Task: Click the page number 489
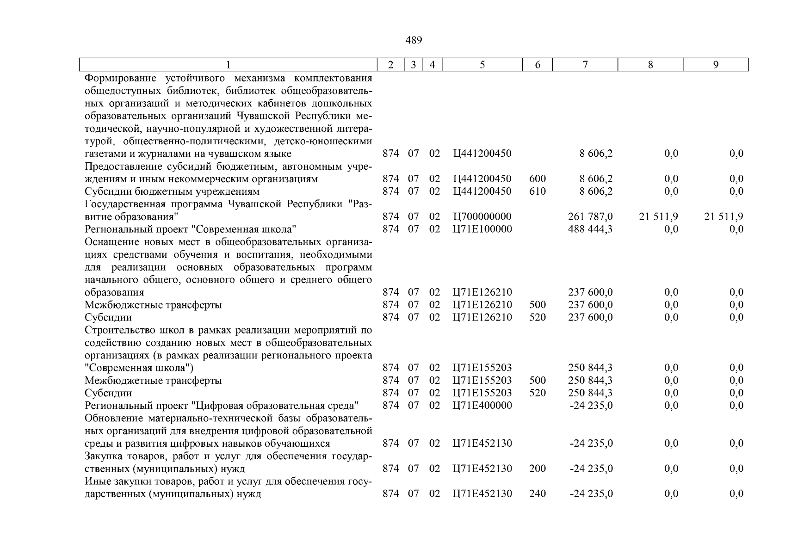pyautogui.click(x=414, y=41)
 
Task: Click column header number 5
pyautogui.click(x=482, y=65)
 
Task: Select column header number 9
pyautogui.click(x=715, y=65)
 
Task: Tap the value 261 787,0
pyautogui.click(x=590, y=216)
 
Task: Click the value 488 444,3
pyautogui.click(x=590, y=229)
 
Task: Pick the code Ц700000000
pyautogui.click(x=482, y=216)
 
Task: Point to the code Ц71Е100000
pyautogui.click(x=482, y=229)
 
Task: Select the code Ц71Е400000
pyautogui.click(x=482, y=406)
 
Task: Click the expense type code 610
pyautogui.click(x=537, y=191)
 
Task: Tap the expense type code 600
pyautogui.click(x=537, y=179)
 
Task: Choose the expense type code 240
pyautogui.click(x=537, y=494)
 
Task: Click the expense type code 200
pyautogui.click(x=537, y=469)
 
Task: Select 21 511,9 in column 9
pyautogui.click(x=723, y=216)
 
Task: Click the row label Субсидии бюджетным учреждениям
pyautogui.click(x=172, y=191)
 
